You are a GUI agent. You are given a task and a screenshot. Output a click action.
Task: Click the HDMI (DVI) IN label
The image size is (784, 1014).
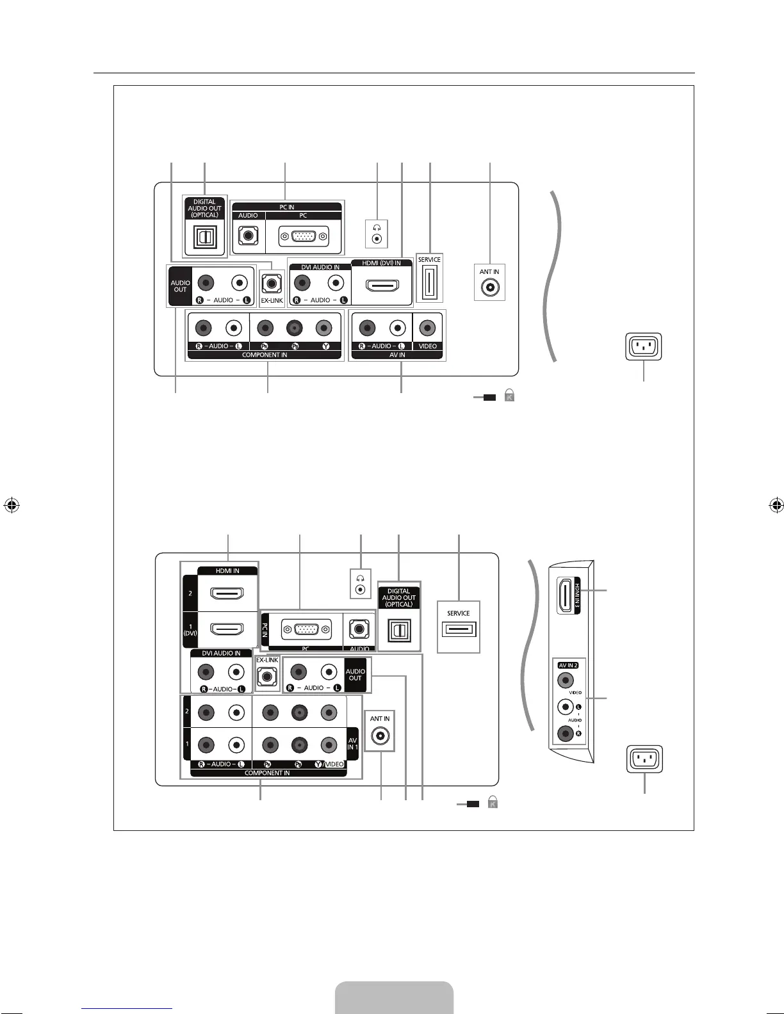(381, 263)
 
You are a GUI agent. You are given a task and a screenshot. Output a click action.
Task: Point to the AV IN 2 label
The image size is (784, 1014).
(568, 665)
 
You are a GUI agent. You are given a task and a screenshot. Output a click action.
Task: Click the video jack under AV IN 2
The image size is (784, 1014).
(566, 680)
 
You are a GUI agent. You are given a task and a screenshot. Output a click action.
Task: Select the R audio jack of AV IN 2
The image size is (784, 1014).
(565, 734)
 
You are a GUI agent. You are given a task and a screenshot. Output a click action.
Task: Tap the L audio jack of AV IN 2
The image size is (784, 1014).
(565, 707)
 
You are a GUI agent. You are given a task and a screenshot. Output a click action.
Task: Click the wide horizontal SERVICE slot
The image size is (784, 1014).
(459, 630)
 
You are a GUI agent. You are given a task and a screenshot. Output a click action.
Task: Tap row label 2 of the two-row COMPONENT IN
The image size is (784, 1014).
(186, 711)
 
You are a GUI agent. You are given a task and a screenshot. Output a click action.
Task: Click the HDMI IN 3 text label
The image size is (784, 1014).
(577, 596)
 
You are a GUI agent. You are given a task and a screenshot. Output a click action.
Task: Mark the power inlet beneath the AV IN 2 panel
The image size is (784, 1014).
(644, 760)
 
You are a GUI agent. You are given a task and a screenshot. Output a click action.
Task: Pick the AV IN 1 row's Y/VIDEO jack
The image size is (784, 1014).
(329, 744)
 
